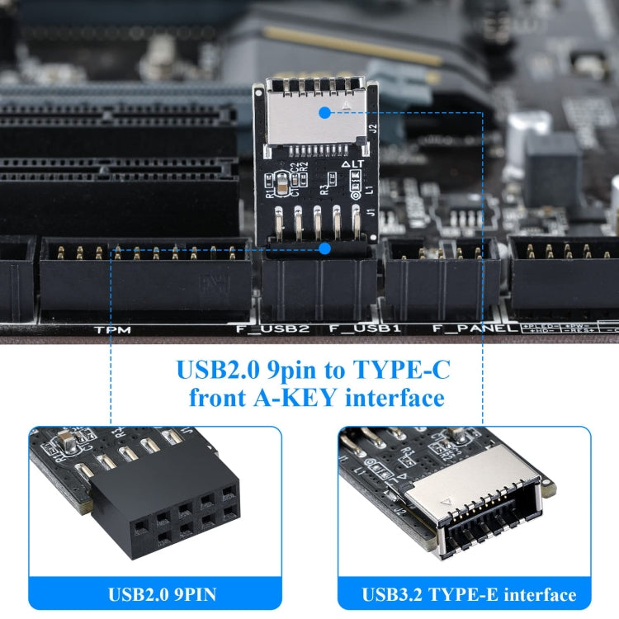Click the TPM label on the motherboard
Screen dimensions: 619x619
click(112, 328)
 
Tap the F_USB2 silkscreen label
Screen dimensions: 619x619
click(272, 328)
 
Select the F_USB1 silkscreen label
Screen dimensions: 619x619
click(365, 328)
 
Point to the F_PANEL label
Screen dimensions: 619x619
click(469, 328)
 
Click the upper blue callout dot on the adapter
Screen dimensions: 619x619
click(324, 110)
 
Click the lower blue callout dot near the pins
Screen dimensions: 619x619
click(324, 248)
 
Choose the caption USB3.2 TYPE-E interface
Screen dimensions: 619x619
click(469, 593)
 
